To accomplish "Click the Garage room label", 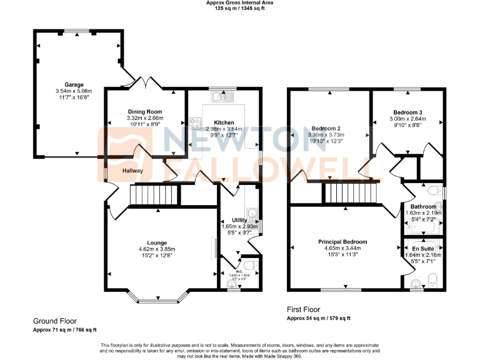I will point(74,84).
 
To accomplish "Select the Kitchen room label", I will point(224,122).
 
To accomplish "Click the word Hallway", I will point(132,171).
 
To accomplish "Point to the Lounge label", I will point(157,242).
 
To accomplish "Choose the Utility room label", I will point(239,221).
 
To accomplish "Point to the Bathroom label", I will point(423,206).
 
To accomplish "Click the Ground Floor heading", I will point(55,321).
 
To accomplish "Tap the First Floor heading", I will point(303,309).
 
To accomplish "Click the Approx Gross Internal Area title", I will point(239,3).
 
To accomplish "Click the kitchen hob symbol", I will point(196,122).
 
